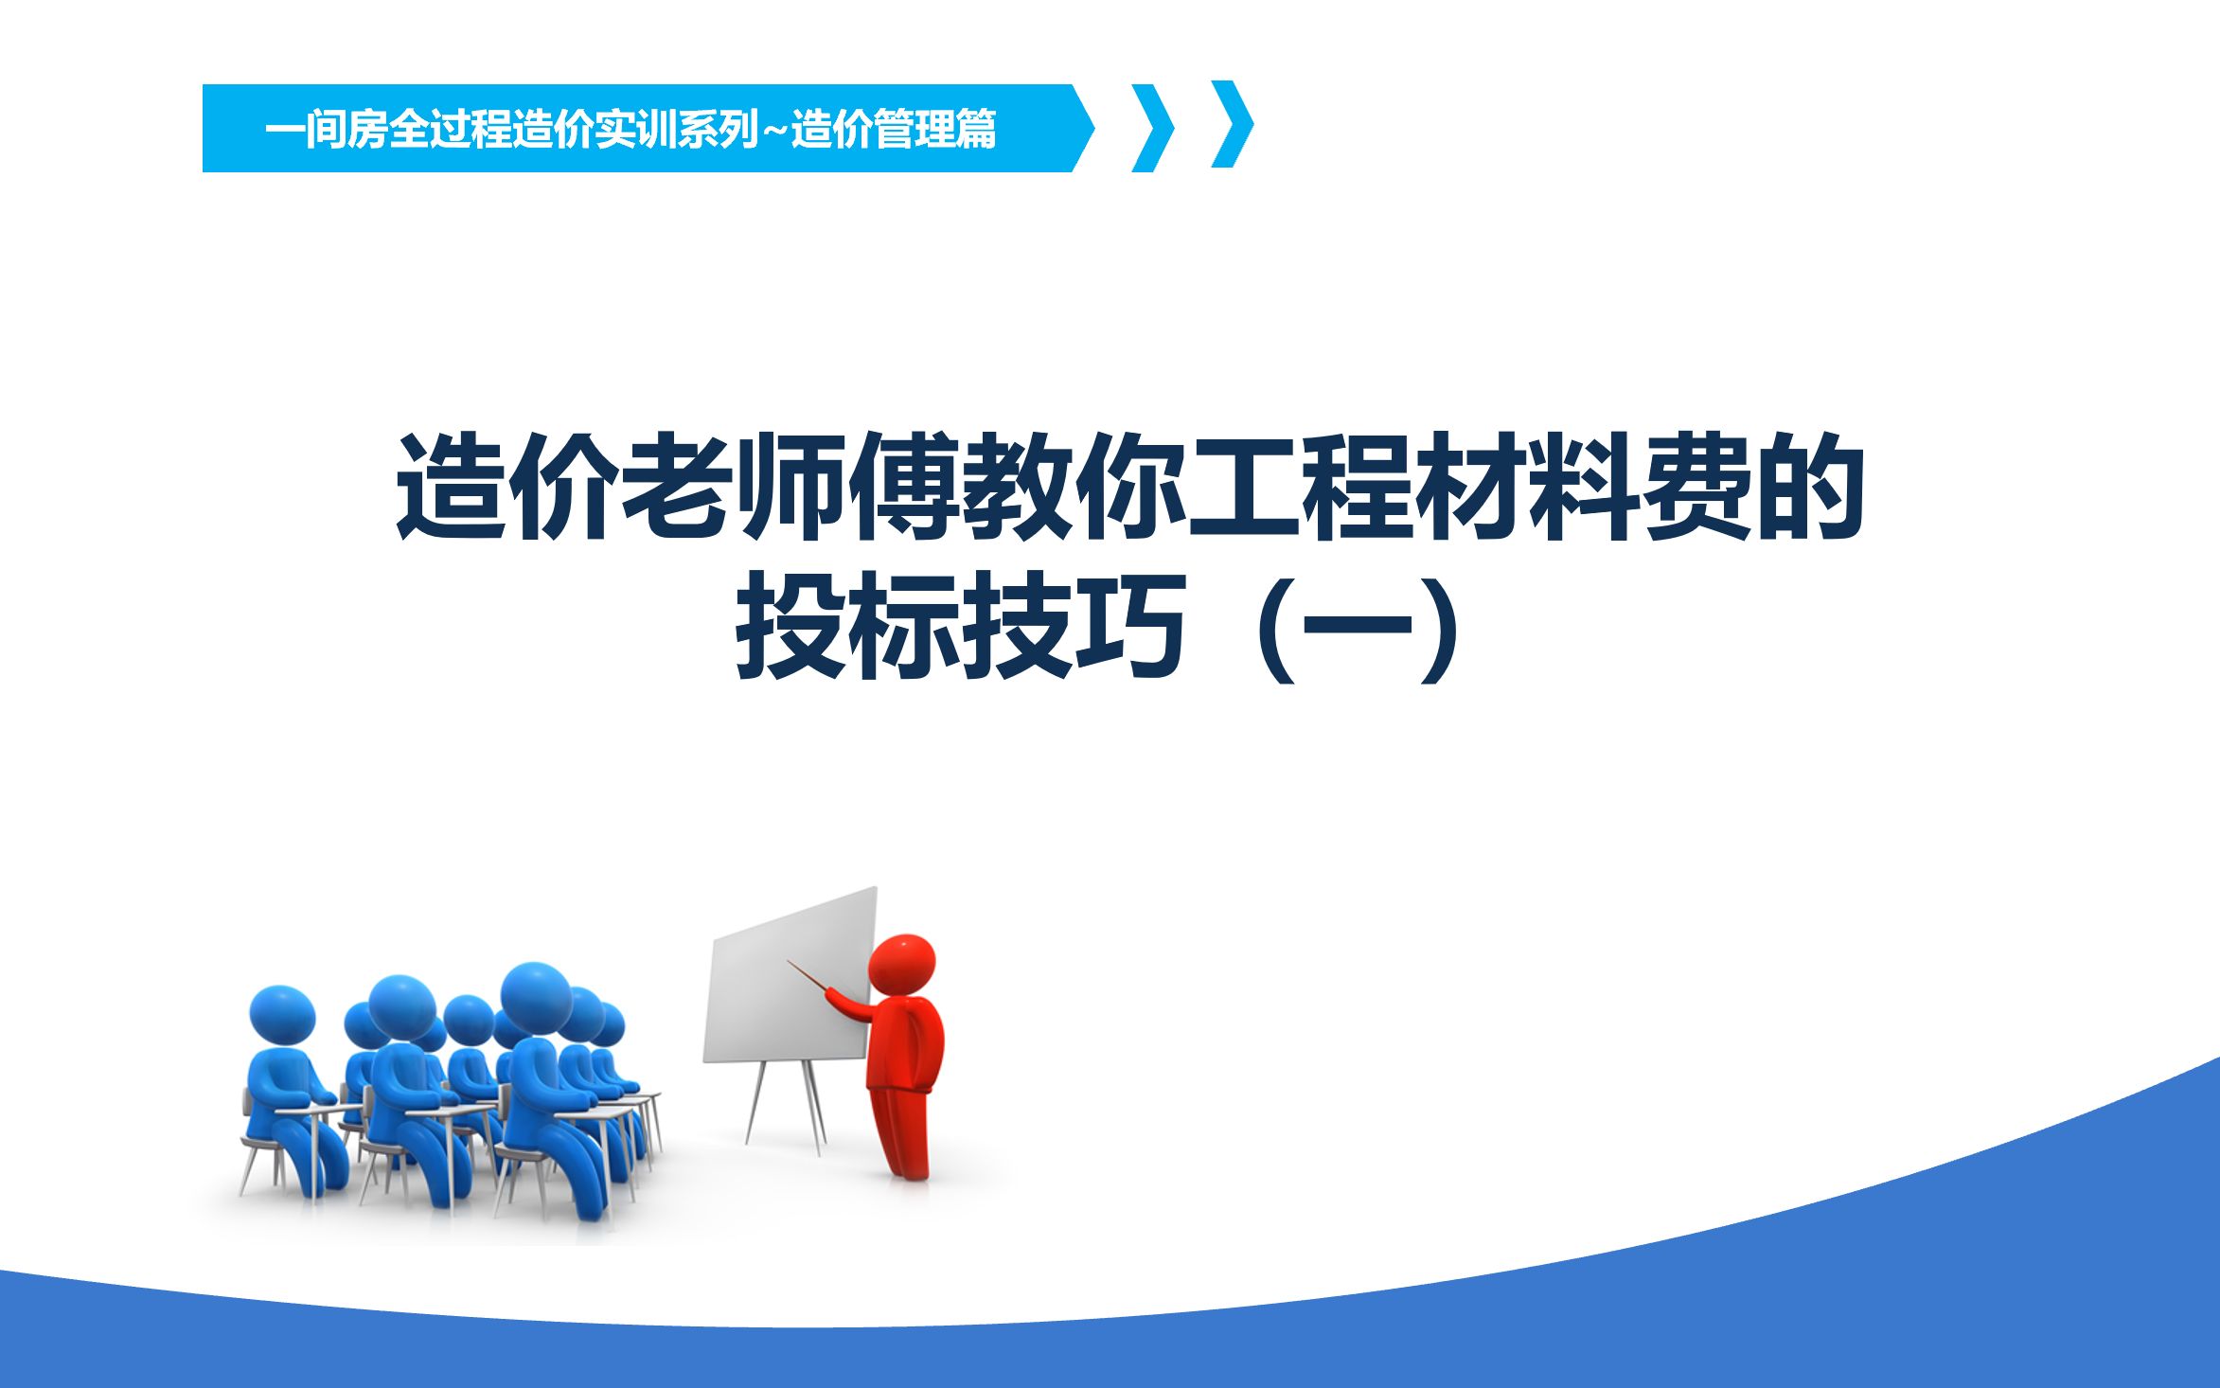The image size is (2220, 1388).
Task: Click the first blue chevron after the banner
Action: click(x=1153, y=128)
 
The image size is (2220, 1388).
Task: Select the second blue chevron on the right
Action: click(x=1233, y=124)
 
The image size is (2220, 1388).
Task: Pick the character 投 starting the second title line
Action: click(x=790, y=625)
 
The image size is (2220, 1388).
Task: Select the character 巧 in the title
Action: click(x=1131, y=625)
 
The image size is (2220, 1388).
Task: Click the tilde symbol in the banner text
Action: click(x=774, y=130)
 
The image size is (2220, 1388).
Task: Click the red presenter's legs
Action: click(x=902, y=1132)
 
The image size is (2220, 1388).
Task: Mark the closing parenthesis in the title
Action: click(x=1442, y=628)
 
